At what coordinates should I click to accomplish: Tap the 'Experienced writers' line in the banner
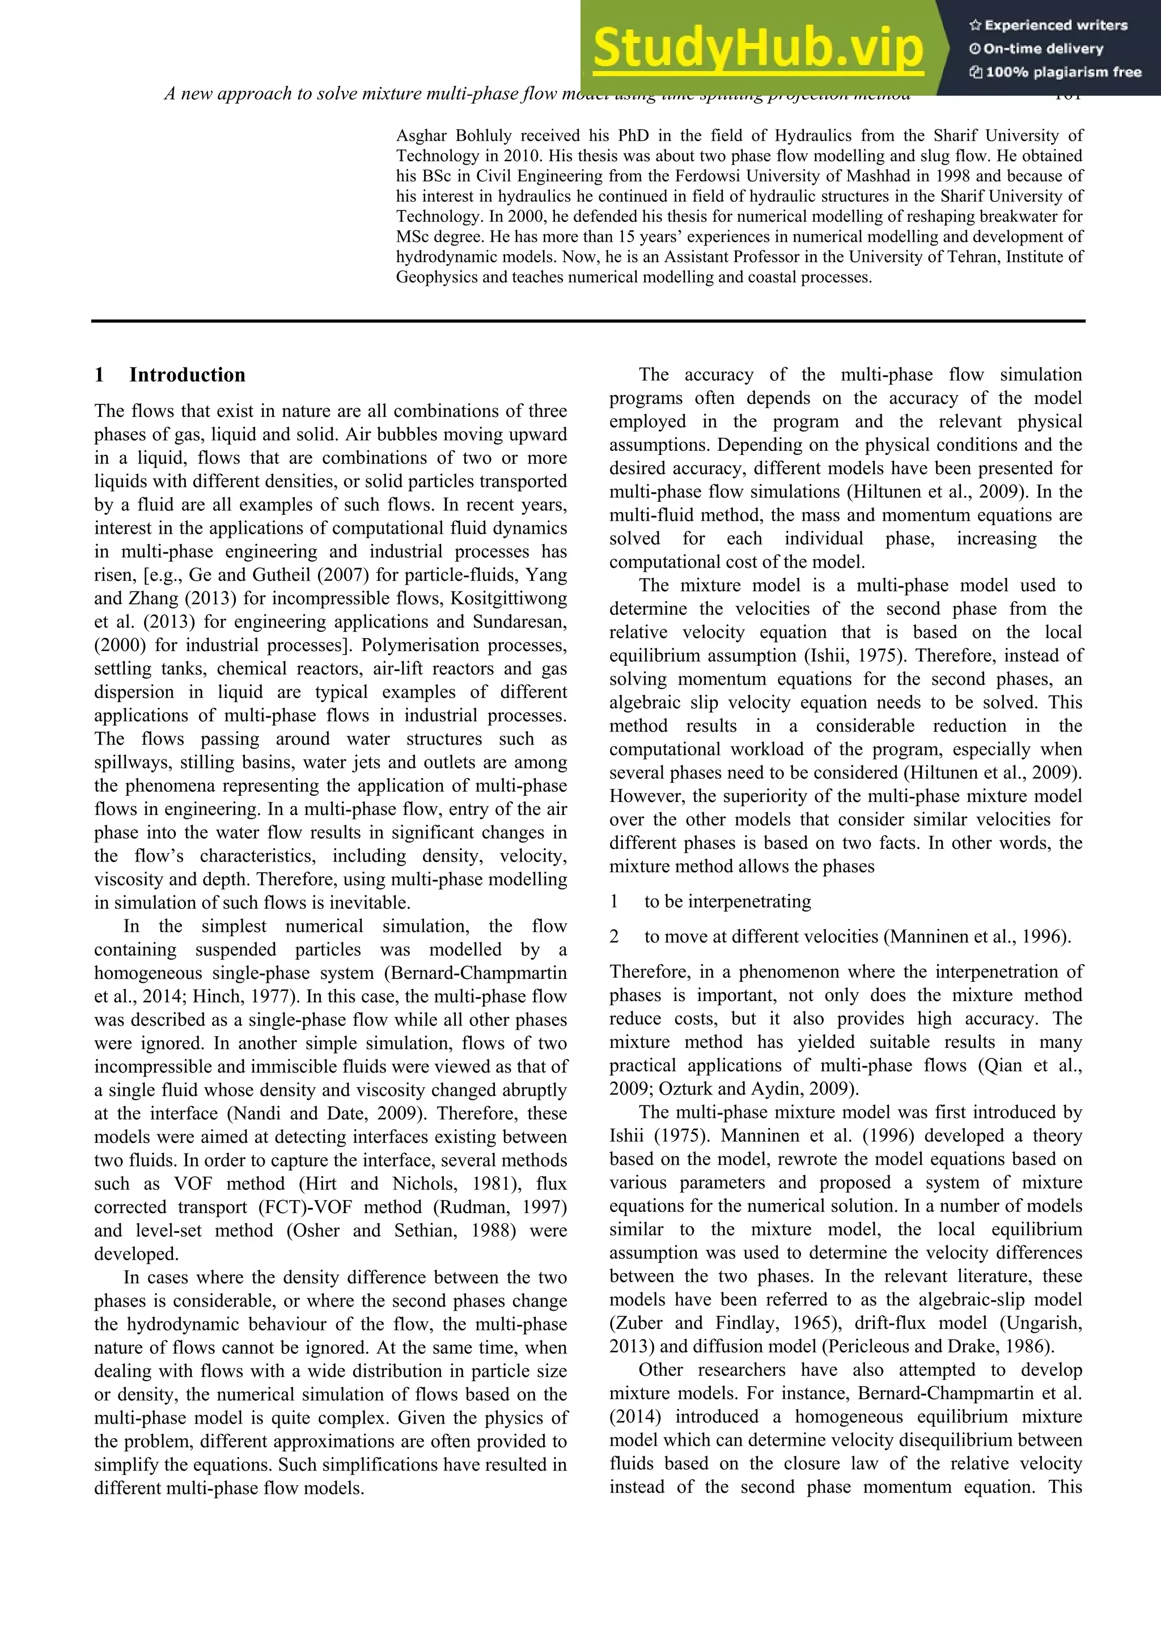(1048, 26)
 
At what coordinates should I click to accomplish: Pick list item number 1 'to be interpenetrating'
(727, 902)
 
